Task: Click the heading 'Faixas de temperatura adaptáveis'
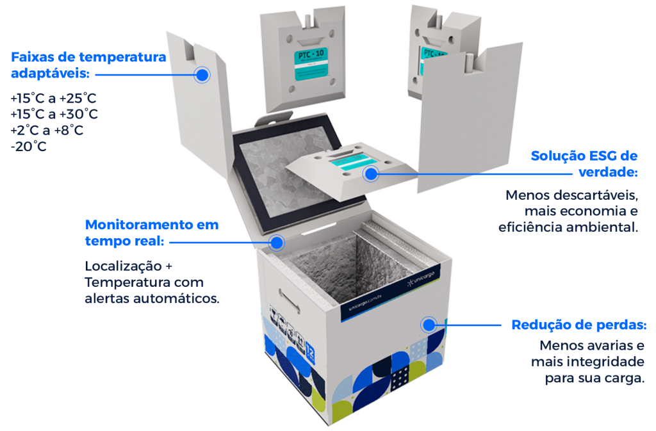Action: [x=88, y=65]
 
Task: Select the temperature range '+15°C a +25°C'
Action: [x=53, y=99]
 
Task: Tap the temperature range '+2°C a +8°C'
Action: [x=47, y=131]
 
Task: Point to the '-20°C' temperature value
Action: [x=29, y=147]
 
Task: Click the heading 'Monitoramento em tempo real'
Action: [x=151, y=232]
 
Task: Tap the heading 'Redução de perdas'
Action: [x=578, y=325]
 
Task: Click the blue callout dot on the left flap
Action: [x=202, y=75]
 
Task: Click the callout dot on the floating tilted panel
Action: [x=370, y=173]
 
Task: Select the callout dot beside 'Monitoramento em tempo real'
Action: [x=277, y=243]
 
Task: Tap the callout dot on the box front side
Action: [x=429, y=324]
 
